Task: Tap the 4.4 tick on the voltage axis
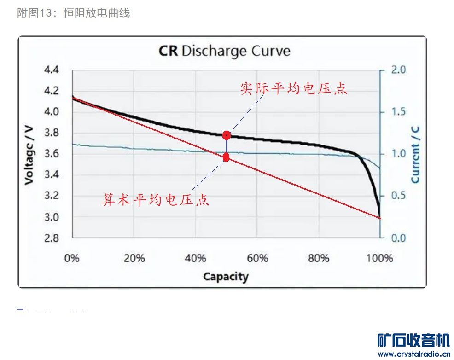(x=51, y=70)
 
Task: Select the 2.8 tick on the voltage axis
(x=51, y=238)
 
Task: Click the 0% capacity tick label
(x=72, y=258)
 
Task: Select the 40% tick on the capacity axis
(x=195, y=258)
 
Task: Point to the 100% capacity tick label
(x=379, y=258)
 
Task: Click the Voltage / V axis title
(x=29, y=154)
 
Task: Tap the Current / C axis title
(x=416, y=154)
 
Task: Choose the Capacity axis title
(x=226, y=277)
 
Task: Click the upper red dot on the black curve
(x=226, y=135)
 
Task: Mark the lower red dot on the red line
(x=226, y=157)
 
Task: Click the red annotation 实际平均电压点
(x=294, y=89)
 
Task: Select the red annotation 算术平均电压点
(x=156, y=200)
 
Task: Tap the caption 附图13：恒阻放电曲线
(x=74, y=13)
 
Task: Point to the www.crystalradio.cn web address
(x=413, y=354)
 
